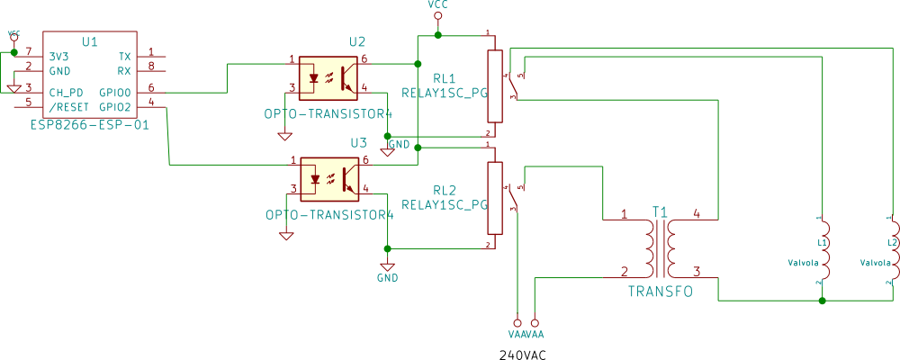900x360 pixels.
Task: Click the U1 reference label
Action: (90, 41)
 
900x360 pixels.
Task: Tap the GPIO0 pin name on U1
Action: (115, 92)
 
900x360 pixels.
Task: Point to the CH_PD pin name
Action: (65, 92)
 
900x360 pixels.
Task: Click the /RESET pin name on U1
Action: (68, 106)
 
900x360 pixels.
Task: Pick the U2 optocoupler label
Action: (358, 41)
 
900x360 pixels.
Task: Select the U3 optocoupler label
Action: (358, 142)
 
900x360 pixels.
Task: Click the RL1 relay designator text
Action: (445, 77)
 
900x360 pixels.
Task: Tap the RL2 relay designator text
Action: (445, 190)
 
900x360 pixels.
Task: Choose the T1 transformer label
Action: (661, 212)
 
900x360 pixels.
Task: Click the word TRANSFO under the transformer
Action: (661, 292)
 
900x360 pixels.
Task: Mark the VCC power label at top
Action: (437, 5)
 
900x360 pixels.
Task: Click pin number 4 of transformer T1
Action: (697, 215)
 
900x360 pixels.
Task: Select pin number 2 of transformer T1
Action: (625, 271)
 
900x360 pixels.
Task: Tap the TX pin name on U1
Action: (124, 56)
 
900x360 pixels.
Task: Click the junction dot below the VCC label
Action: (437, 35)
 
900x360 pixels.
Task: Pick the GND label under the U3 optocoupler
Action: (387, 277)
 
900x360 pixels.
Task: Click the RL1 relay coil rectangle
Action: (494, 86)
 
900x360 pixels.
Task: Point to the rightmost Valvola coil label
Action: (876, 263)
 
